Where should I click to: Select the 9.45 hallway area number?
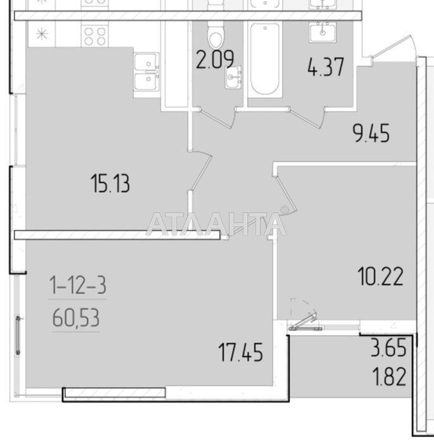click(x=372, y=132)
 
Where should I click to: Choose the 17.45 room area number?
click(x=241, y=353)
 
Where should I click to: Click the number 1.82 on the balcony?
click(x=388, y=375)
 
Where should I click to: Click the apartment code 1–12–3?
click(x=77, y=285)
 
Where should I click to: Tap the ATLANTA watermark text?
click(x=217, y=223)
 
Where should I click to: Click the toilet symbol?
click(x=216, y=35)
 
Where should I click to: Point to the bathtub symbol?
click(x=265, y=60)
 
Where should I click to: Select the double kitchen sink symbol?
click(x=146, y=73)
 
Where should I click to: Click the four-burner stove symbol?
click(x=95, y=36)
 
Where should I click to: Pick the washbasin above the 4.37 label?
click(x=324, y=32)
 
